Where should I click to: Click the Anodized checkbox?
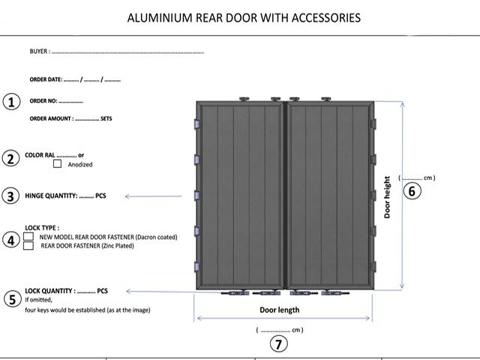click(57, 163)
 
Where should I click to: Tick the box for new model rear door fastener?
click(28, 237)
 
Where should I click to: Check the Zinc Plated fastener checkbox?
click(28, 245)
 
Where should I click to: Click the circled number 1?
click(12, 102)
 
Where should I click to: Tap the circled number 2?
click(10, 159)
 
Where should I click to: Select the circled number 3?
click(10, 196)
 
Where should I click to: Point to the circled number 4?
click(11, 240)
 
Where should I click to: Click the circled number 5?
click(13, 299)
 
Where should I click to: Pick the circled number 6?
click(412, 191)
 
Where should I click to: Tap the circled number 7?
click(279, 343)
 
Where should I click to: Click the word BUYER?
click(38, 51)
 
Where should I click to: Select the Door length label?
click(280, 310)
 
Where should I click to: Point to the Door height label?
click(387, 197)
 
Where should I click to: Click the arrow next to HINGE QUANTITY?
click(153, 196)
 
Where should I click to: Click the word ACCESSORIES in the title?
click(326, 18)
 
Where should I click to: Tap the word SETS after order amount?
click(106, 118)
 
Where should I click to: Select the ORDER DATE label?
click(46, 79)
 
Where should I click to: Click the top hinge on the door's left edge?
click(196, 124)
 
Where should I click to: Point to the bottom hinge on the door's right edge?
click(373, 266)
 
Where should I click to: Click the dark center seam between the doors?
click(285, 195)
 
